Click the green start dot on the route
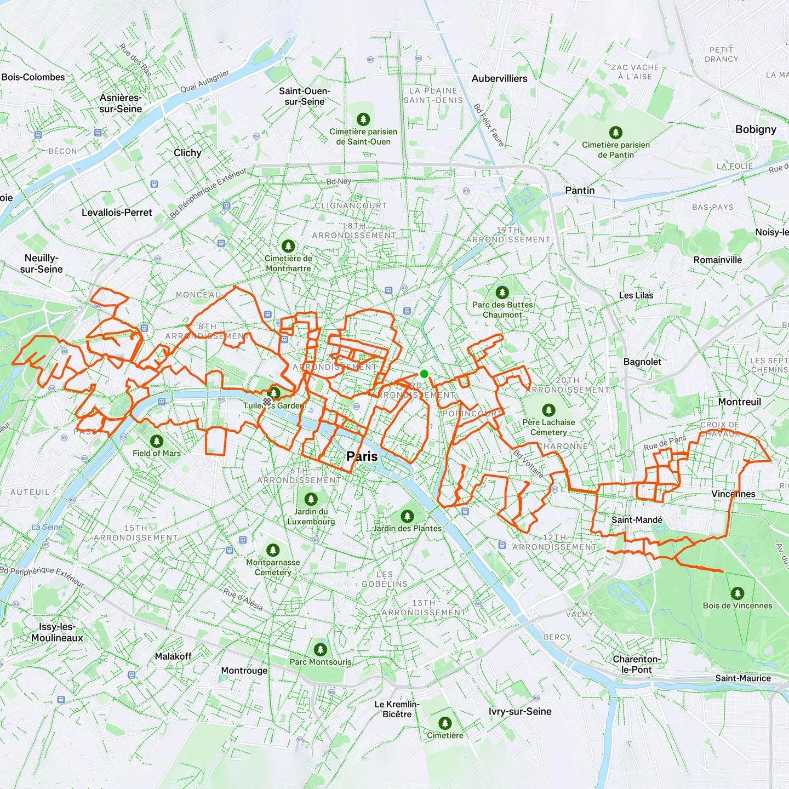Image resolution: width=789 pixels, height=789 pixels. tap(424, 374)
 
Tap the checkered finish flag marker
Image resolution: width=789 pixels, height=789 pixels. tap(268, 402)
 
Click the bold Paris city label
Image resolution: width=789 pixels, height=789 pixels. tap(362, 456)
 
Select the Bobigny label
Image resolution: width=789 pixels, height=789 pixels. tap(756, 129)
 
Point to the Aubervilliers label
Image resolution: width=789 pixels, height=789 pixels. tap(499, 78)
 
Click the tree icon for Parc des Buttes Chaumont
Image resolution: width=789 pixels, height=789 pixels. tap(502, 292)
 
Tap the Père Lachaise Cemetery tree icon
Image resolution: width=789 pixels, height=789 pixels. tap(548, 410)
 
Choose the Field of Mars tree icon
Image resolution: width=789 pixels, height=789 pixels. tap(157, 441)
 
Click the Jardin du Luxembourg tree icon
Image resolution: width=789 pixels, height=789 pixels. tap(311, 499)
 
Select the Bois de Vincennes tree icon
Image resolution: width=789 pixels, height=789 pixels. tap(737, 593)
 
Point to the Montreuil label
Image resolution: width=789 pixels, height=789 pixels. tap(739, 402)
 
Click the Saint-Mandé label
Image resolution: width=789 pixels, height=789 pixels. tap(637, 519)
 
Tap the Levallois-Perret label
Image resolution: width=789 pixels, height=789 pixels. tap(117, 212)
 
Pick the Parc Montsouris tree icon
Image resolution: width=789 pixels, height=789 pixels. tap(321, 650)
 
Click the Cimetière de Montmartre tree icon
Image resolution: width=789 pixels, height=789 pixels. tap(288, 247)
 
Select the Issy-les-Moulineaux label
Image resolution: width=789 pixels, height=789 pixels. tap(57, 632)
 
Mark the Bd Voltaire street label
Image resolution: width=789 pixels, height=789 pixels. tap(529, 464)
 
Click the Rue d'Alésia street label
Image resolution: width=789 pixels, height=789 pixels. tap(243, 599)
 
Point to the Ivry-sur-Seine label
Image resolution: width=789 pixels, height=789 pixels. tap(520, 711)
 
